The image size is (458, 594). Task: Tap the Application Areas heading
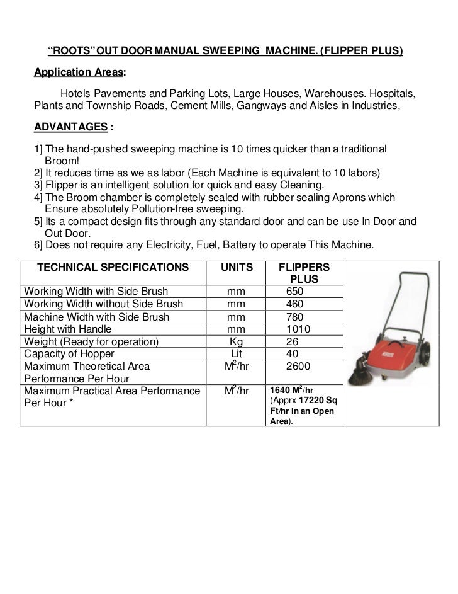[78, 72]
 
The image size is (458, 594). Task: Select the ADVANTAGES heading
[70, 127]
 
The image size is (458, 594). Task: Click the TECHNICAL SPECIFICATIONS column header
[113, 267]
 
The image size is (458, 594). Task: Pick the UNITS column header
[237, 267]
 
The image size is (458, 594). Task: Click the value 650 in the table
[294, 292]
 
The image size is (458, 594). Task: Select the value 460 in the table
[294, 304]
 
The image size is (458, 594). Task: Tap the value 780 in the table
[294, 317]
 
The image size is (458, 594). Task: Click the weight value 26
[293, 341]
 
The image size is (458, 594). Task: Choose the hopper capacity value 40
[293, 354]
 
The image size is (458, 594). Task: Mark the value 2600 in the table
[298, 366]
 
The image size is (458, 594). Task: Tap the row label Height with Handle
[67, 329]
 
